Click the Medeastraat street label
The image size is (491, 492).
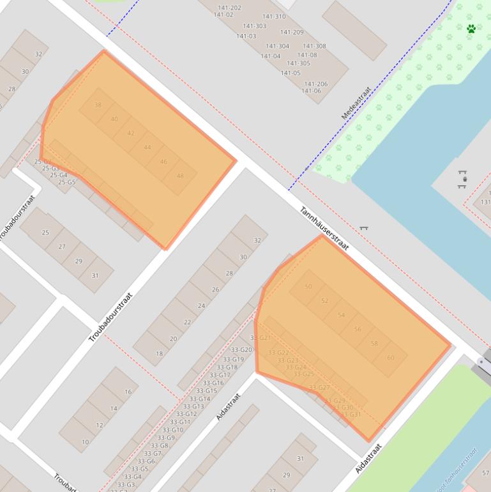[356, 104]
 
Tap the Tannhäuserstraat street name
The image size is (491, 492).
[324, 228]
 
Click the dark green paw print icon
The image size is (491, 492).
[471, 29]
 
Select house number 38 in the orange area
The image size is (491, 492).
[98, 105]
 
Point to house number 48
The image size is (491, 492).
[180, 176]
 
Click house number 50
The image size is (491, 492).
[308, 287]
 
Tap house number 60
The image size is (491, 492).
[391, 358]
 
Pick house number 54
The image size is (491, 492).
[341, 315]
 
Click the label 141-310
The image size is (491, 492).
[274, 17]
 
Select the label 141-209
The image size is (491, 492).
[292, 33]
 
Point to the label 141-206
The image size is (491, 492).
[316, 84]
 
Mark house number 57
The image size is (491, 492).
[486, 473]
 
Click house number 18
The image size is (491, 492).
[159, 353]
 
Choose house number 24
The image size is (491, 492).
[201, 306]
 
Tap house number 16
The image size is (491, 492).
[128, 392]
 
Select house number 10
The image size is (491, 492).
[85, 442]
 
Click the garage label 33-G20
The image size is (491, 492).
[241, 350]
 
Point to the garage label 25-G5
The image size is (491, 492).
[67, 183]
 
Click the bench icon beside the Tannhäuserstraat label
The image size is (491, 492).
[363, 227]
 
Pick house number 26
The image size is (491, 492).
[215, 290]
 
